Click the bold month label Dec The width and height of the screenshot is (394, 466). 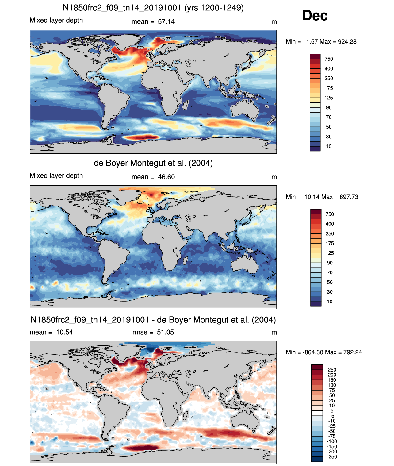(x=315, y=16)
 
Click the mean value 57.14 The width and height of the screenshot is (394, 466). (x=166, y=22)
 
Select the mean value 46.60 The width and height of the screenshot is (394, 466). (x=166, y=177)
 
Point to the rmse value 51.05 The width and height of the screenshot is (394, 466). (x=165, y=332)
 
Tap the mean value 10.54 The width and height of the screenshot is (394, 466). (x=64, y=332)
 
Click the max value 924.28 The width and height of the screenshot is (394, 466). (x=347, y=42)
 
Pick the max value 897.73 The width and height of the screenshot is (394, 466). (x=349, y=197)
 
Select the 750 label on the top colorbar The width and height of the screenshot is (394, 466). (x=329, y=59)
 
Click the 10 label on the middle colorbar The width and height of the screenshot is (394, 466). (x=330, y=302)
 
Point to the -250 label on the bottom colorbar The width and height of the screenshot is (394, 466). (x=332, y=457)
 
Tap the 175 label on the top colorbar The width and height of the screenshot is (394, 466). (x=329, y=88)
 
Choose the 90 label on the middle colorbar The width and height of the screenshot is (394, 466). (x=330, y=263)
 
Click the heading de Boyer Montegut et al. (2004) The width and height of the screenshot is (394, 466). (x=153, y=163)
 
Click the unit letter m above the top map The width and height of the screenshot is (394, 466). (x=274, y=22)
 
